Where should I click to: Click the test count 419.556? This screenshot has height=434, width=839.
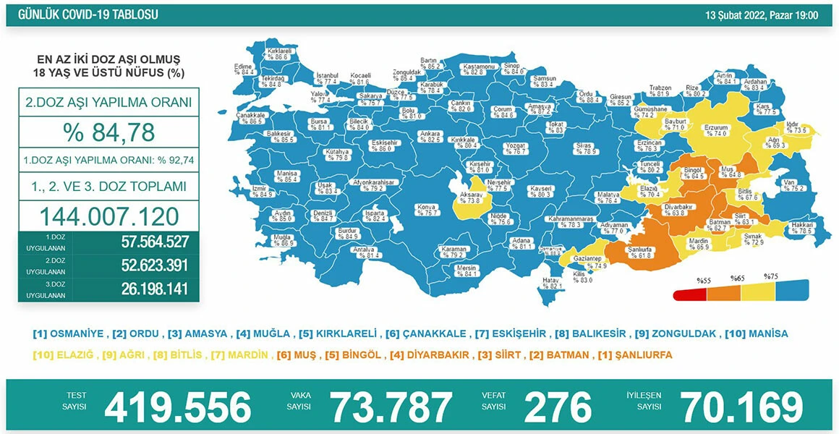(178, 407)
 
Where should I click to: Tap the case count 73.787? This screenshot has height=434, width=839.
(391, 407)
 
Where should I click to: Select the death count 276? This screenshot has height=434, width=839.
(557, 407)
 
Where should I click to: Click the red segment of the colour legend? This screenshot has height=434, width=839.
(689, 294)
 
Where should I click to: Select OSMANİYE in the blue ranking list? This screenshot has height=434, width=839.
(69, 334)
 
